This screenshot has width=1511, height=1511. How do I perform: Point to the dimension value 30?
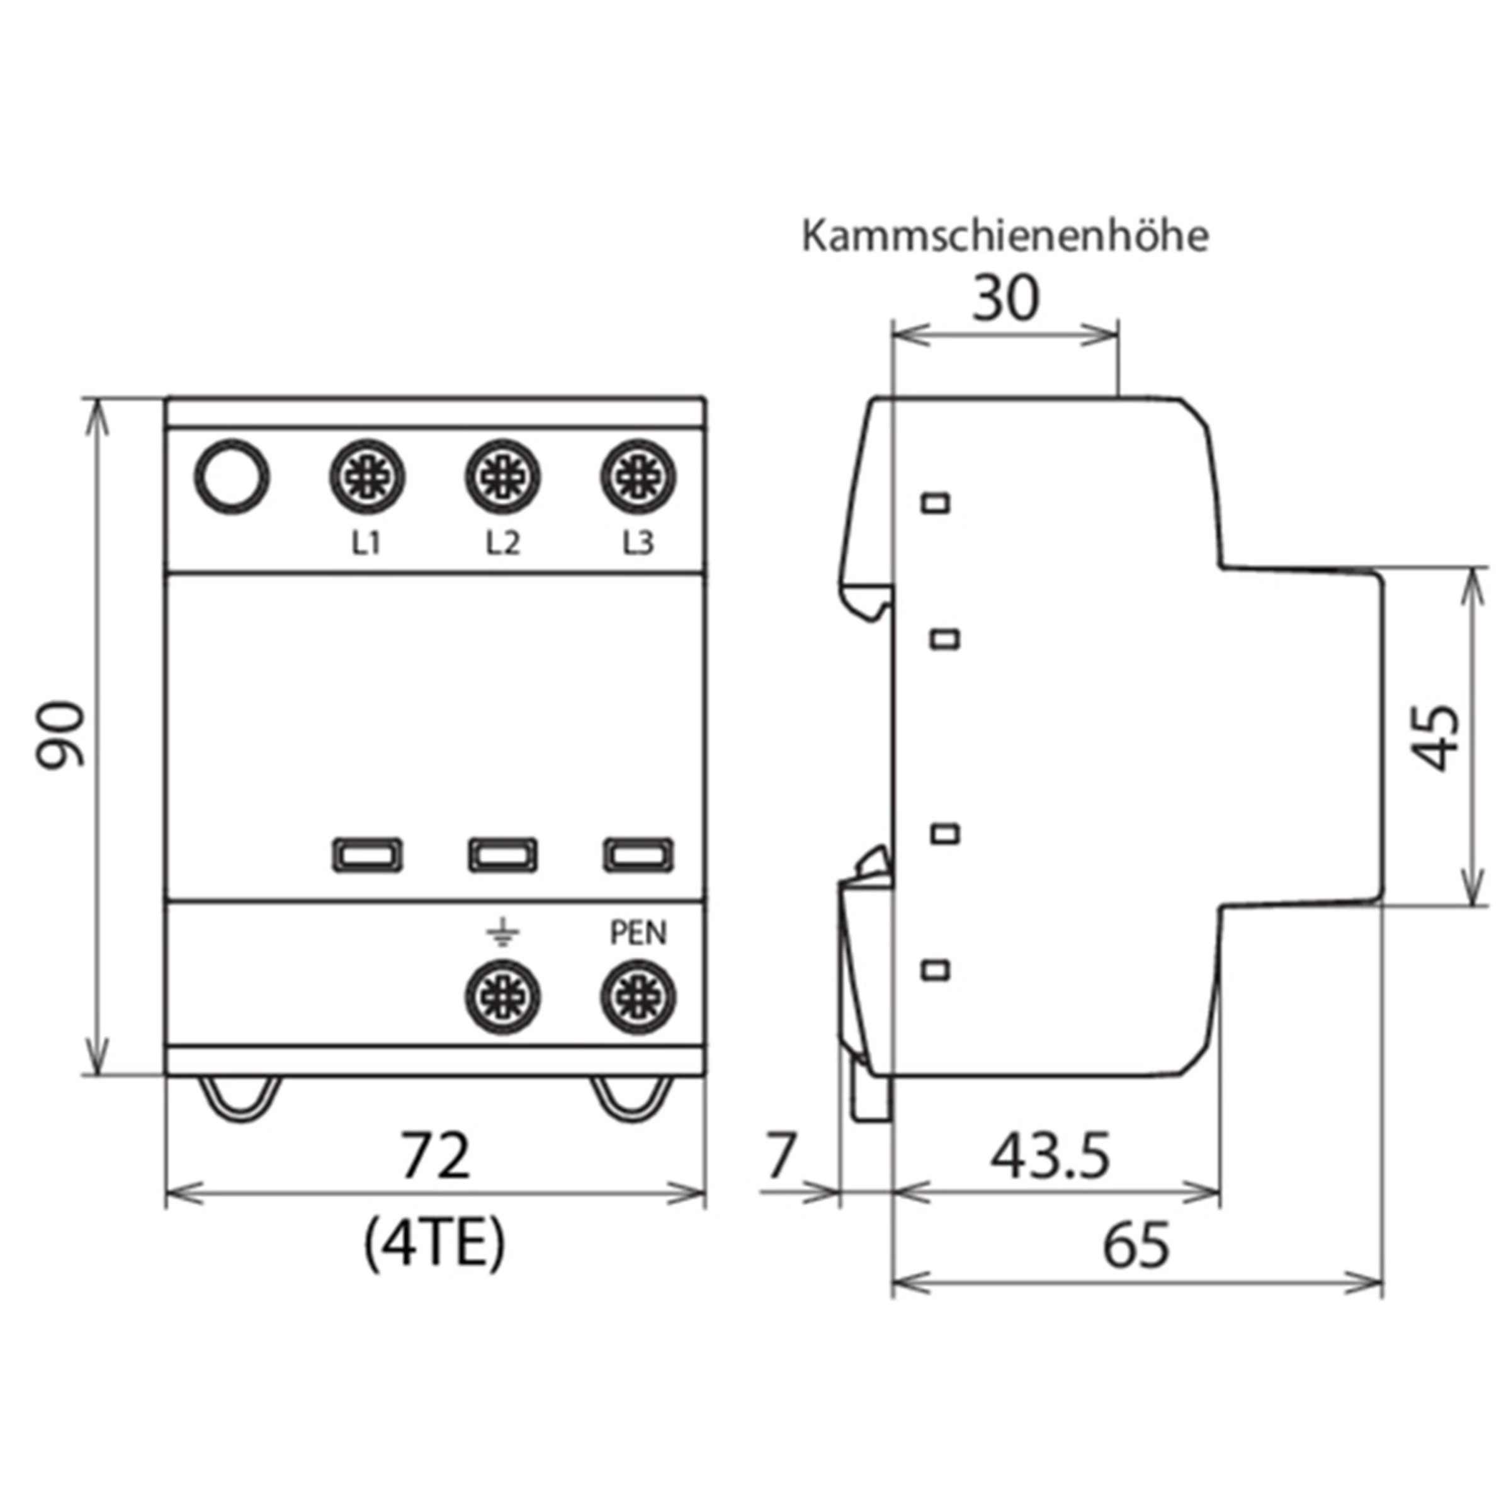(1006, 298)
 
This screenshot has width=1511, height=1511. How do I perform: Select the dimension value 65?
(1136, 1246)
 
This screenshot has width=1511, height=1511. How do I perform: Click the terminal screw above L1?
(366, 477)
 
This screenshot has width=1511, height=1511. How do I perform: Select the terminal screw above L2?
(502, 477)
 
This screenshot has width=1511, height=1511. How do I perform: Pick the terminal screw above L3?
(638, 477)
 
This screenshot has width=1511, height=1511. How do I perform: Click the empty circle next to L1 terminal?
(232, 477)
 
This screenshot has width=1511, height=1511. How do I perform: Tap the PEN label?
(638, 933)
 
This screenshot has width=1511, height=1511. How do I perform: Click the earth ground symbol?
(502, 933)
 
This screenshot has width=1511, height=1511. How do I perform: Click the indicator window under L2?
(502, 855)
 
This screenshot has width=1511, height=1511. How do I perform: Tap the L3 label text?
(638, 543)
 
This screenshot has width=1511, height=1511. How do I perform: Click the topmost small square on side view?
(936, 502)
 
